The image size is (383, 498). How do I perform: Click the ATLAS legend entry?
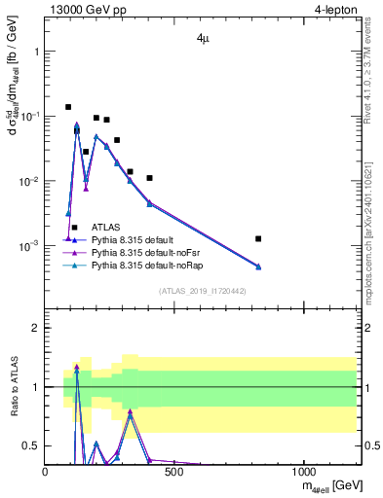pos(108,227)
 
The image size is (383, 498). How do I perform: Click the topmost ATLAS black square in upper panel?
pos(68,107)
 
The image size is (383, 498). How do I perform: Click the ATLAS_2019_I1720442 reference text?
pos(202,291)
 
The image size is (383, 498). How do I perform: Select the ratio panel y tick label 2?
pos(35,328)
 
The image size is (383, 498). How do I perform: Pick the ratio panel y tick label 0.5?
pos(30,445)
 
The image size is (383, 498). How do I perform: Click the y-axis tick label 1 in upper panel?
pos(36,52)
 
